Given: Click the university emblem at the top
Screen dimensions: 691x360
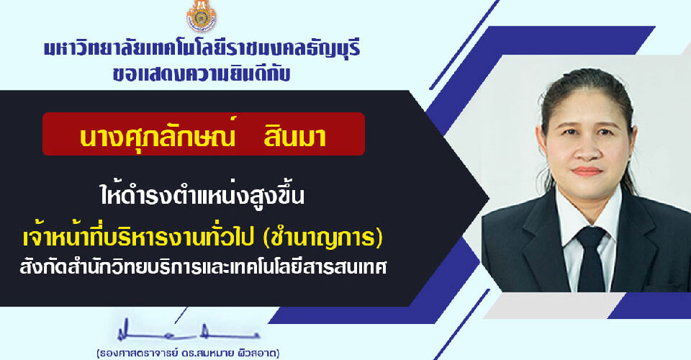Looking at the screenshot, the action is [x=201, y=16].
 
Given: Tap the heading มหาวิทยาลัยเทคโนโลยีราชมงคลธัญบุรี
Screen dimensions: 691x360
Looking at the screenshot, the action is [x=202, y=48].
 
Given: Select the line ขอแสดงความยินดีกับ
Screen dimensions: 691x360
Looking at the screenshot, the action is [x=202, y=73].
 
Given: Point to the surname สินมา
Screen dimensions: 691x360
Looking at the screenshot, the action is [x=295, y=137].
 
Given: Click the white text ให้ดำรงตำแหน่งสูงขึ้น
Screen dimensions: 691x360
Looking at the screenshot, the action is [x=202, y=195].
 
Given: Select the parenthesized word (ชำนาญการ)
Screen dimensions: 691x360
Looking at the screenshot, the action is [x=322, y=238].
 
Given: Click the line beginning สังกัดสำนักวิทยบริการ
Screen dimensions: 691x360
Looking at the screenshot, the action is [x=203, y=266].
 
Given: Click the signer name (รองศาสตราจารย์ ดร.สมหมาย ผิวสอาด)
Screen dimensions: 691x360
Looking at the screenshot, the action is [x=188, y=354].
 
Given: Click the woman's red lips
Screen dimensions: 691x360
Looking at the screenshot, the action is [x=587, y=171].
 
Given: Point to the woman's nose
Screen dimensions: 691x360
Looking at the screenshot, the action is [x=587, y=149].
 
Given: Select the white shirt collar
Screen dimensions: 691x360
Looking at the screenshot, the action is [x=588, y=216].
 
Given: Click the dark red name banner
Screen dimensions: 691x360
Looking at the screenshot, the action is [x=204, y=134].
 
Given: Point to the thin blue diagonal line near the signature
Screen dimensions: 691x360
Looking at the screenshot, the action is [x=461, y=325].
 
